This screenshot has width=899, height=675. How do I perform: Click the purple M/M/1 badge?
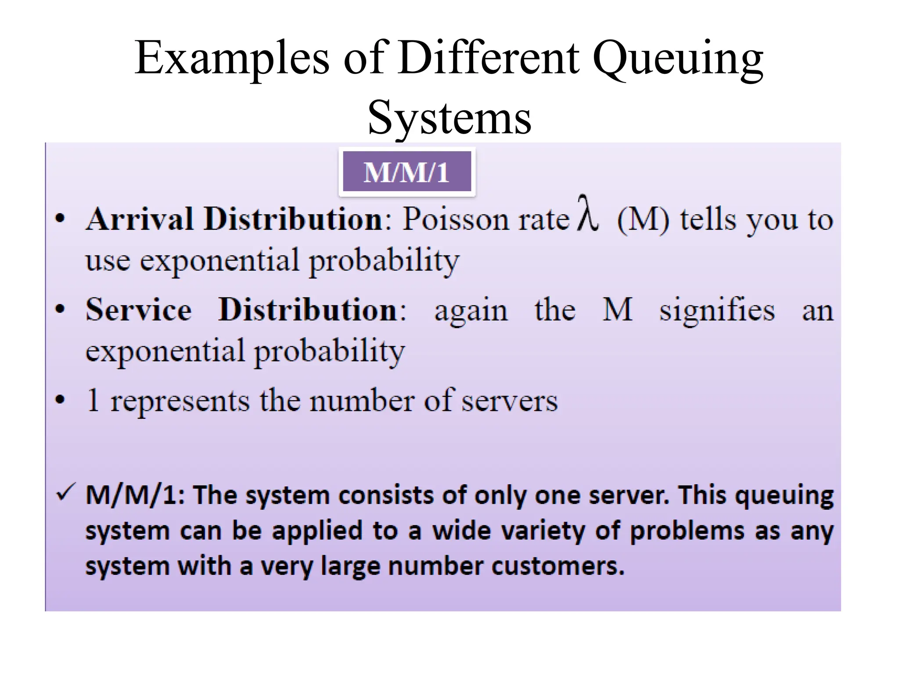coord(406,171)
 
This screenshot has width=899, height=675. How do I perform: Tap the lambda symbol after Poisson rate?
coord(587,214)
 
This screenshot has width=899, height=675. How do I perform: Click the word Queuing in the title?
coord(678,59)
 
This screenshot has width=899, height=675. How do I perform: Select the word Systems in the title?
coord(449,118)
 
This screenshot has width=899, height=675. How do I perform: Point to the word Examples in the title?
coord(232,59)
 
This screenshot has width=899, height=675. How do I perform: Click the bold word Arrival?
coord(140,219)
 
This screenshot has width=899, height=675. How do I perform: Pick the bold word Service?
coord(139,310)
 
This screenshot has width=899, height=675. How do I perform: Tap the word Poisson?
coord(456,219)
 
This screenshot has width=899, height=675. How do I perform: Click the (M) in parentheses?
coord(643,220)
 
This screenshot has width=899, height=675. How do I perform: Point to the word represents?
coord(180,401)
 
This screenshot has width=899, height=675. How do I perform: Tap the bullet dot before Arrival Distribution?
coord(60,218)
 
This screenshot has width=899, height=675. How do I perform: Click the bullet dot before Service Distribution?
coord(60,309)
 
